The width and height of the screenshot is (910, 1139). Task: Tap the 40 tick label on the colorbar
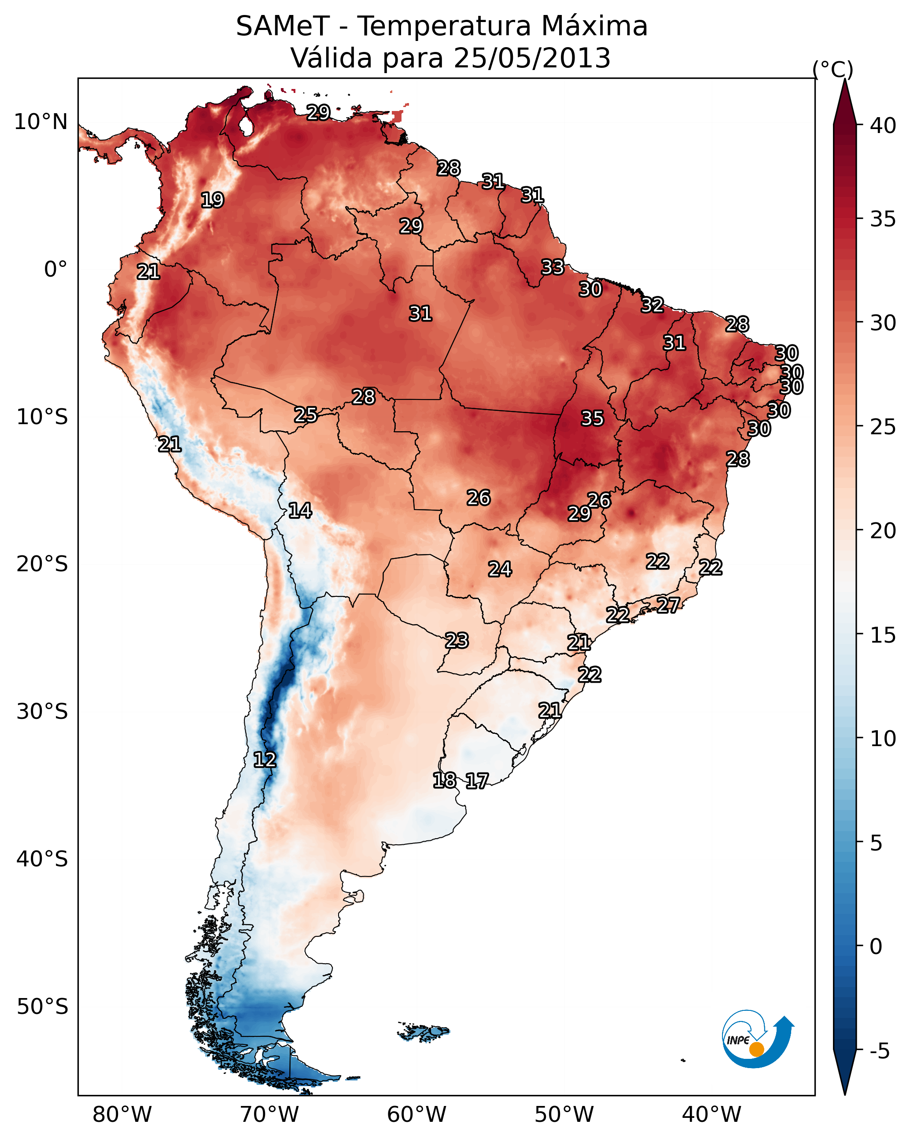click(x=883, y=126)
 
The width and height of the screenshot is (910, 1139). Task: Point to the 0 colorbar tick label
click(x=876, y=946)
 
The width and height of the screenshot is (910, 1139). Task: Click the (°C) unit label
click(x=833, y=69)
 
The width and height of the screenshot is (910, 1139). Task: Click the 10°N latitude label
click(x=41, y=122)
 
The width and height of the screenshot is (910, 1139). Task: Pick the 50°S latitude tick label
click(x=42, y=1007)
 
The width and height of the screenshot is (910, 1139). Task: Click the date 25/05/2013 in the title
click(x=532, y=58)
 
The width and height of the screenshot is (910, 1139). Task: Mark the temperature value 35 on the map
click(x=592, y=418)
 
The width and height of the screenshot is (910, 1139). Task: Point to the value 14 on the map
click(x=300, y=510)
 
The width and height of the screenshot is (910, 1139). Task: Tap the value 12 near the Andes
click(x=265, y=760)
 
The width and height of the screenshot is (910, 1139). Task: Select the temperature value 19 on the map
click(x=212, y=200)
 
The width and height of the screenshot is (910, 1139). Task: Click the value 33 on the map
click(x=553, y=267)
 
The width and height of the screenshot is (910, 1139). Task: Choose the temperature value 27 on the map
click(x=668, y=605)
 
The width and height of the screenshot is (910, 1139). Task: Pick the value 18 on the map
click(x=444, y=780)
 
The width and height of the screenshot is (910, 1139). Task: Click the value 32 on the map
click(x=652, y=305)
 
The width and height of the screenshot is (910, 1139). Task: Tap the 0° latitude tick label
click(x=55, y=270)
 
